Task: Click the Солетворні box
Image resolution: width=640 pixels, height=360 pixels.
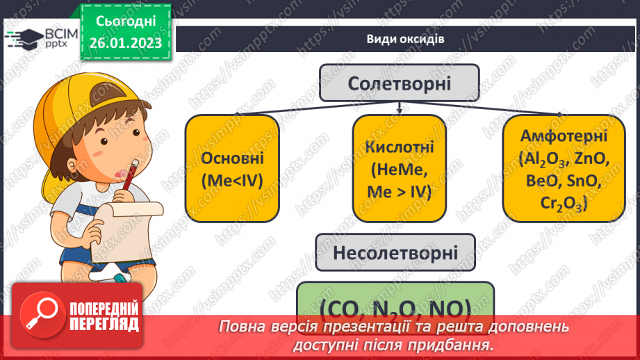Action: coord(400,84)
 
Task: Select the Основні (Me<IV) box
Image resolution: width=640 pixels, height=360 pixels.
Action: coord(231,169)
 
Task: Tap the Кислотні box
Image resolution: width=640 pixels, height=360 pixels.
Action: coord(399,169)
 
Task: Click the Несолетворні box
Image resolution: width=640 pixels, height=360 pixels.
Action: coord(395,252)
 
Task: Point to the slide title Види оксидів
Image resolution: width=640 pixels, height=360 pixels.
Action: coord(405,39)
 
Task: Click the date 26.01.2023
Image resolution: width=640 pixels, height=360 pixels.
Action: coord(125,43)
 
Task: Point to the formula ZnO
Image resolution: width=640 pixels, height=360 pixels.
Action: coord(592,159)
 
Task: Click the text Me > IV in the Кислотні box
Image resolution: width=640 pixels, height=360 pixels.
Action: coord(399,192)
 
